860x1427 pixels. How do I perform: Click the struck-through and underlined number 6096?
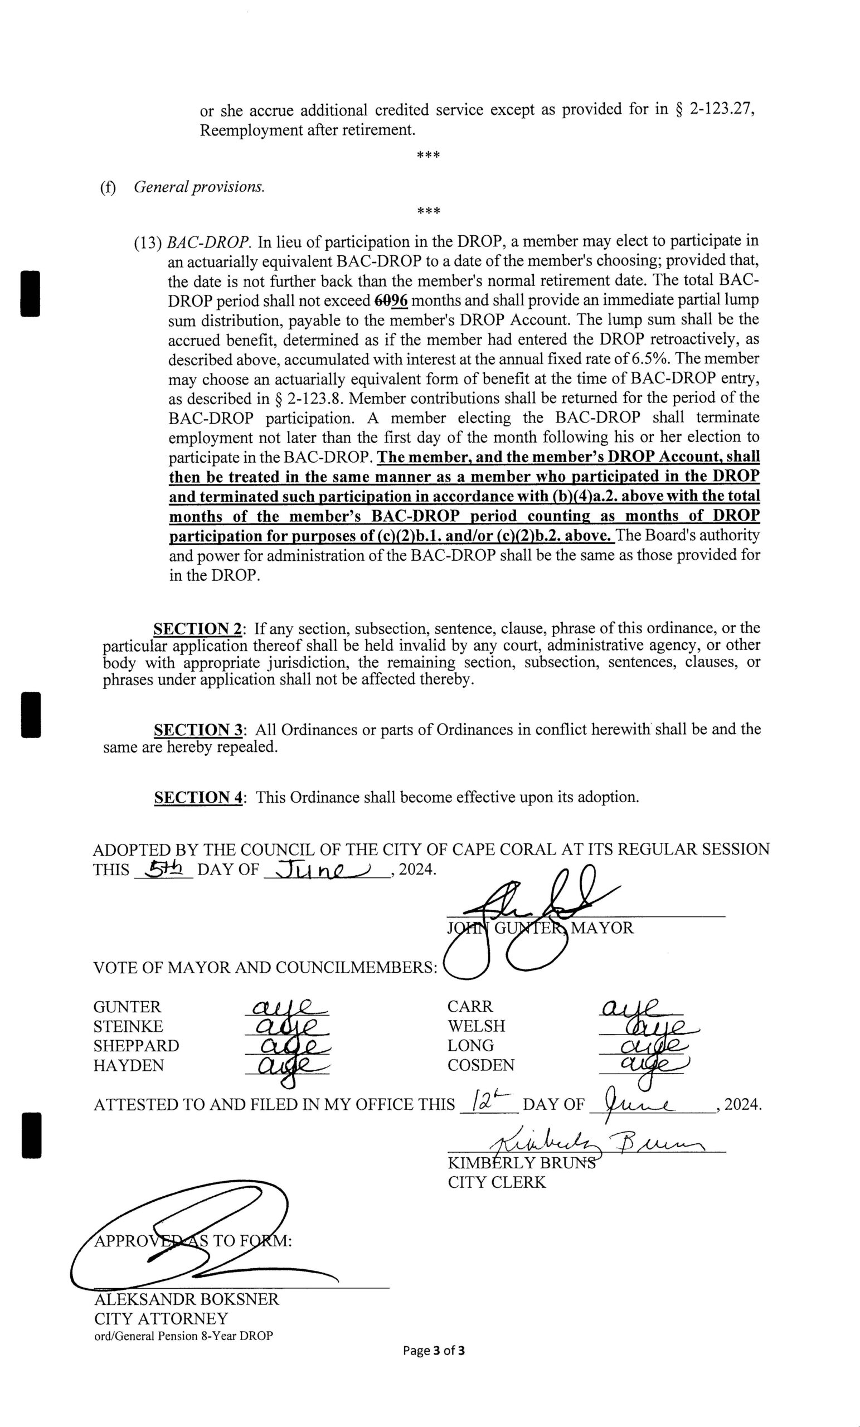(391, 300)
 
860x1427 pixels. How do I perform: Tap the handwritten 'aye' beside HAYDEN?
(286, 1066)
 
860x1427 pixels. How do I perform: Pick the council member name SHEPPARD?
(136, 1046)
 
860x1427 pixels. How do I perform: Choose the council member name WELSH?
(476, 1026)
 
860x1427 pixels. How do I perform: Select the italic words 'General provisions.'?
(199, 187)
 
